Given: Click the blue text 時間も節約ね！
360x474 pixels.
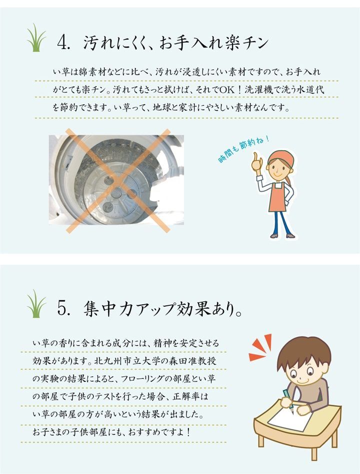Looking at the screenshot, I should pos(242,149).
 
